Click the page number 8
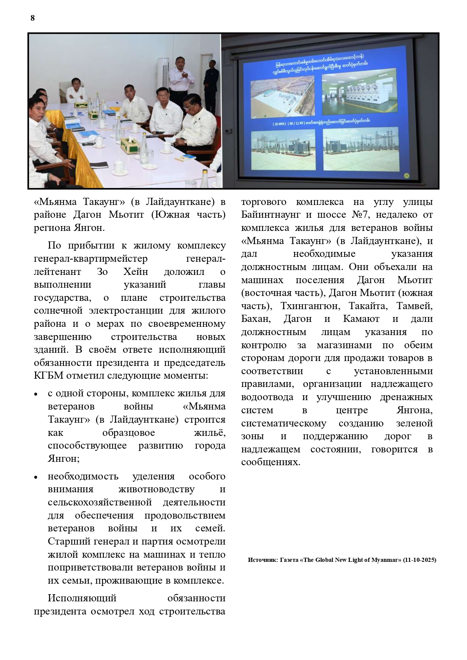tap(32, 18)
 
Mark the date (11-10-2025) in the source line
tap(419, 560)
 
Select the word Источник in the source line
tap(261, 560)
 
